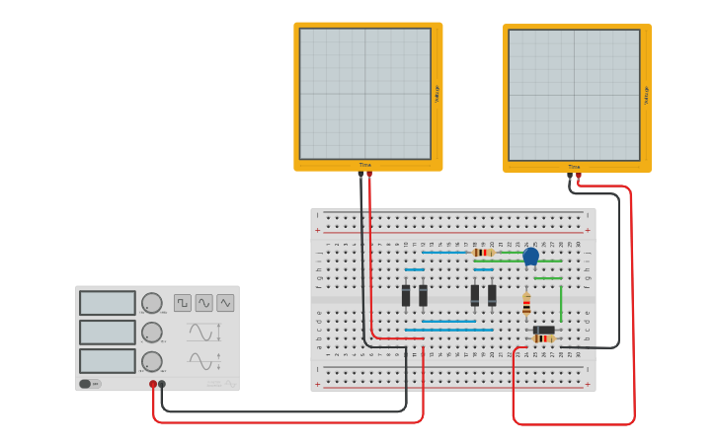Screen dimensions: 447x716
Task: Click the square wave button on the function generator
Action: pos(183,303)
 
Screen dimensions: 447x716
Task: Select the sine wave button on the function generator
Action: pos(204,303)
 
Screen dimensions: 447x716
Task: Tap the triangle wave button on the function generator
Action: pos(226,303)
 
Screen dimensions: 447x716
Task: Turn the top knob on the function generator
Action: pos(151,303)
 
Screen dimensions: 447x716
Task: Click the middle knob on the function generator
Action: pos(151,333)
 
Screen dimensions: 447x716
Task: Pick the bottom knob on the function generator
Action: pos(151,361)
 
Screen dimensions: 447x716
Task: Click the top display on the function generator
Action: pos(108,303)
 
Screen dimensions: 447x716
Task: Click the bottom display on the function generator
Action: pos(108,361)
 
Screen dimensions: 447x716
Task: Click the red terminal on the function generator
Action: pos(153,384)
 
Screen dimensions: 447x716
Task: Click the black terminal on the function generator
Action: pos(162,384)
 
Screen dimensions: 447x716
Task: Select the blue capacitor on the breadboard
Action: pos(530,256)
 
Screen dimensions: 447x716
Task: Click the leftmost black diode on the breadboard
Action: pos(406,295)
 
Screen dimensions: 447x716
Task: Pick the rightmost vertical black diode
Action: pos(492,295)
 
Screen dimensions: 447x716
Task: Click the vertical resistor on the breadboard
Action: pos(526,304)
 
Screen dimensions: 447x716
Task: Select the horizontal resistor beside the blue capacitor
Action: pos(483,253)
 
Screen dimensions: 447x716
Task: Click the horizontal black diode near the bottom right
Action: pos(544,330)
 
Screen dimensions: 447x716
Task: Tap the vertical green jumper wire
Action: pos(561,300)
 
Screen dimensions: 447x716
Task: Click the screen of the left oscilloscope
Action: pos(365,93)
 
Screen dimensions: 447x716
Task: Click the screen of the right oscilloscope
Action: pos(574,95)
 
